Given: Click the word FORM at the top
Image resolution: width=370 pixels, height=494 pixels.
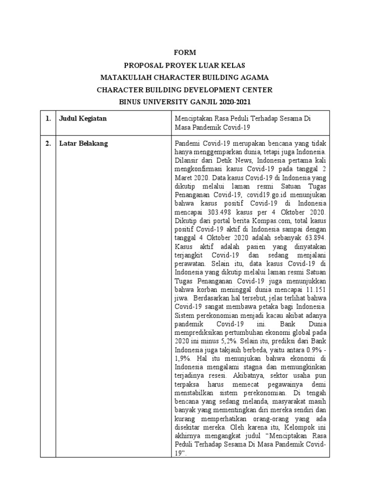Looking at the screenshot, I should click(185, 52).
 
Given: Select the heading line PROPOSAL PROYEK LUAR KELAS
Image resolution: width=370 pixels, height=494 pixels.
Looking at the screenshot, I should click(185, 65).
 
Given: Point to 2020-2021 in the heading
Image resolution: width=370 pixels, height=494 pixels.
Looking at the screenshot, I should click(234, 102).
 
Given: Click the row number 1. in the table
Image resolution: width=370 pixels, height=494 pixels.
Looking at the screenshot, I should click(49, 118).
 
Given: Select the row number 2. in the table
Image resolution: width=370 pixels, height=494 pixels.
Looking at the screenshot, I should click(49, 143).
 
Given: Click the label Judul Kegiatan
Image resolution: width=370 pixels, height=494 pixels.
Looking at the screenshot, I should click(83, 118).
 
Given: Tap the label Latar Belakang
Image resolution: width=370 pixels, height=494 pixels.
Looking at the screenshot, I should click(84, 143).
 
